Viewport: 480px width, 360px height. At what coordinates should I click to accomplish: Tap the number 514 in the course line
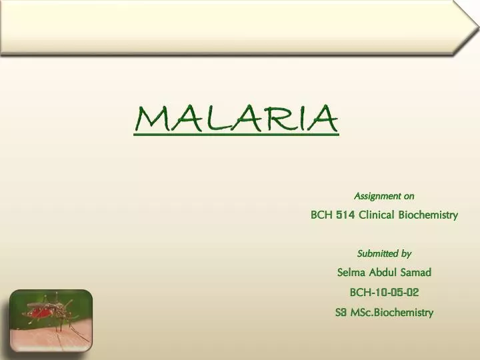[x=345, y=215]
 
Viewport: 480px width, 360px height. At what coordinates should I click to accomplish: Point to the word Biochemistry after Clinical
[x=428, y=215]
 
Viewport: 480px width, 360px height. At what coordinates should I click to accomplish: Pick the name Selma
[x=351, y=272]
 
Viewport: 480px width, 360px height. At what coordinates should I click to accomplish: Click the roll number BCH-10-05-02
[x=384, y=292]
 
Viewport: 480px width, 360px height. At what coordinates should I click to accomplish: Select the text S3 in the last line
[x=341, y=312]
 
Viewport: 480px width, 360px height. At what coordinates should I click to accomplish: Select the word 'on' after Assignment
[x=409, y=196]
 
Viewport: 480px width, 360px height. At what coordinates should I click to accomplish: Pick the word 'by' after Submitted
[x=406, y=253]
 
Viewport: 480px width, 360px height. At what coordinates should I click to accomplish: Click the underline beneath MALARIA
[x=236, y=135]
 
